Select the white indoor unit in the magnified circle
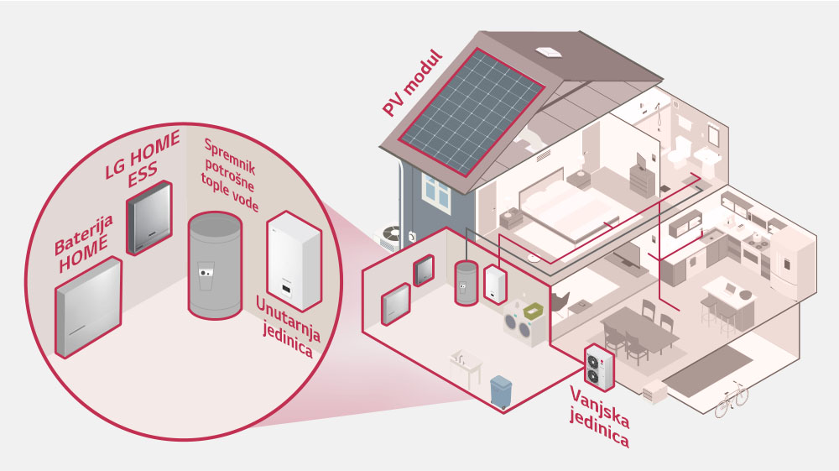(293, 257)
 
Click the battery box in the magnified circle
(88, 306)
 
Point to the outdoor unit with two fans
(600, 364)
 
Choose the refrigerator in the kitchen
(791, 260)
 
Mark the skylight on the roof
(551, 51)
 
